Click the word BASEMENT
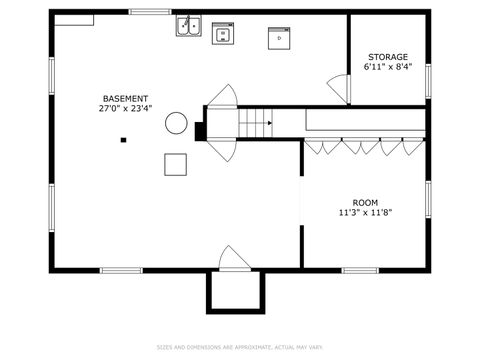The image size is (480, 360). coord(125,98)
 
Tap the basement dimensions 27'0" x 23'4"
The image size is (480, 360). coord(125,109)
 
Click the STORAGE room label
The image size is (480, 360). coord(387,57)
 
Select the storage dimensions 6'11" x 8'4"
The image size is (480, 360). coord(387,68)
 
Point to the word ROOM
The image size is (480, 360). coord(364,202)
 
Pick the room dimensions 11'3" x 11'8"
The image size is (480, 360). coord(364,213)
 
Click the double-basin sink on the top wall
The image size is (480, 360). coord(189,27)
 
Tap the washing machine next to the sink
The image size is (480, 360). coord(222,35)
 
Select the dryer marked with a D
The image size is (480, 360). coord(279,38)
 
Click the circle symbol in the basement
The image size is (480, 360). coord(176,123)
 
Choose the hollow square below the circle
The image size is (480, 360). coord(176,165)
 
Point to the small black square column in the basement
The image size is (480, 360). coord(123,140)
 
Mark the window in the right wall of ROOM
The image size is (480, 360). coord(428,198)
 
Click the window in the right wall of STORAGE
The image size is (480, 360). coord(428,80)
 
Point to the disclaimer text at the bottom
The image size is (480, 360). coord(240,347)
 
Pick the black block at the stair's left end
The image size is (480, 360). coord(200,129)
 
